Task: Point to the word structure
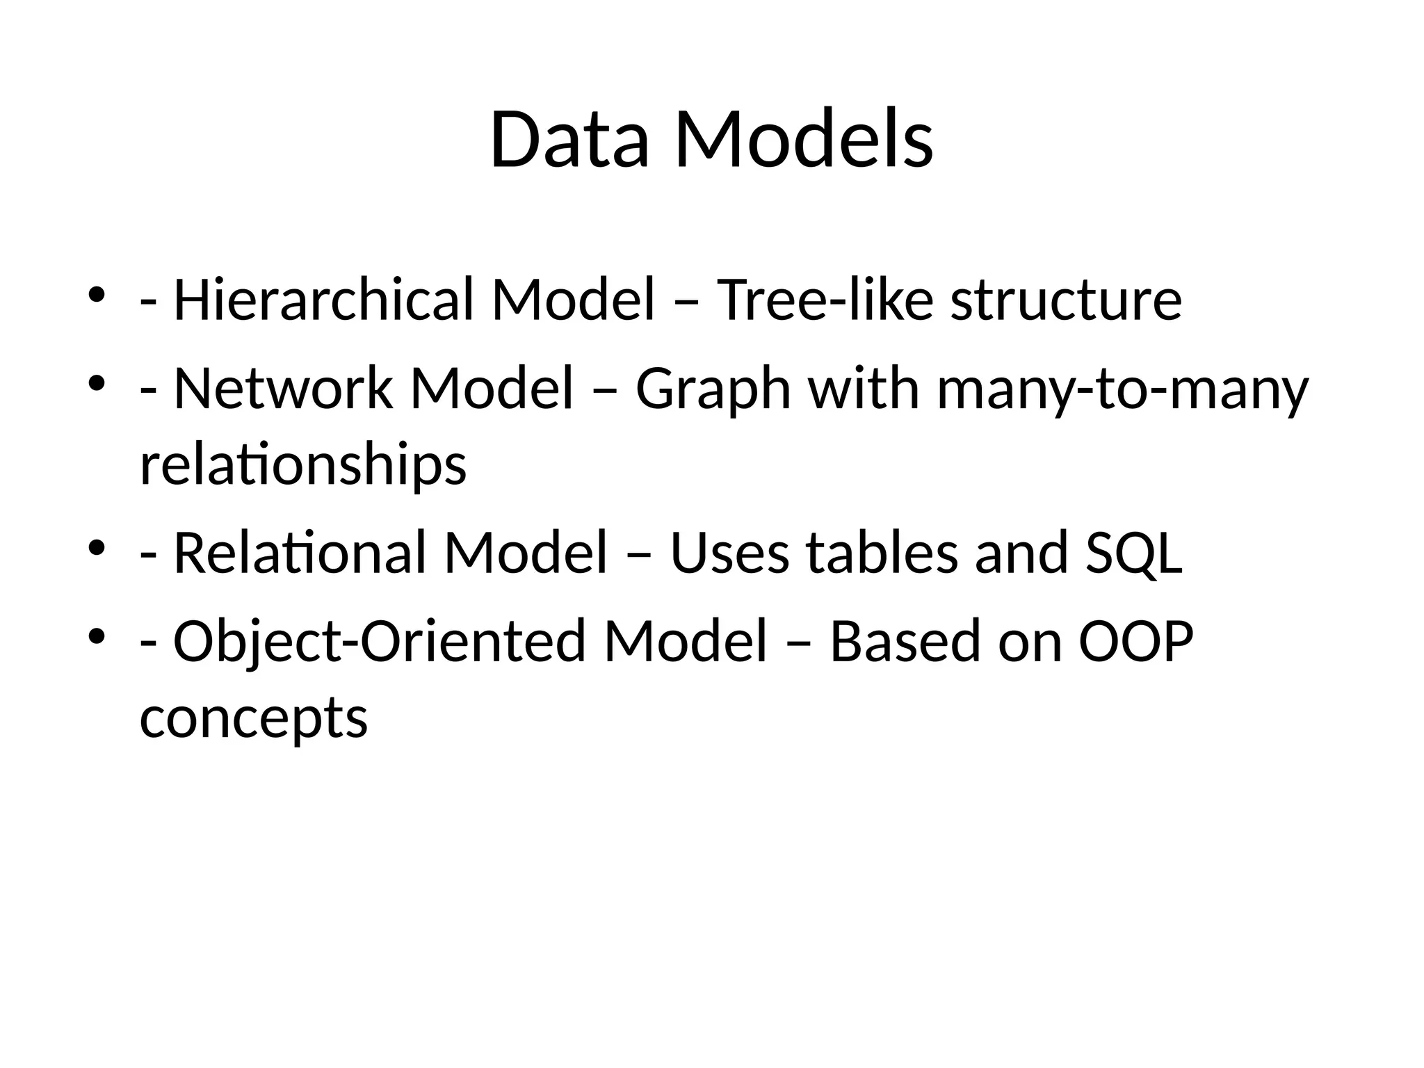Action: [x=1066, y=300]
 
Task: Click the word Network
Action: [x=282, y=389]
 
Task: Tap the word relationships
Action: [x=302, y=466]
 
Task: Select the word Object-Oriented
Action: [x=379, y=642]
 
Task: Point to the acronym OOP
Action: [x=1135, y=642]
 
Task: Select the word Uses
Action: [x=729, y=553]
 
